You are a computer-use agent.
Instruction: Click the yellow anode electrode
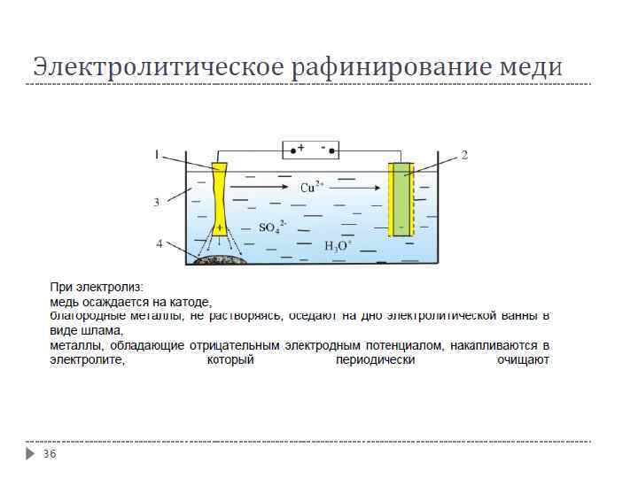[x=220, y=199]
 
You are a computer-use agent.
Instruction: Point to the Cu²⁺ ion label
[x=312, y=188]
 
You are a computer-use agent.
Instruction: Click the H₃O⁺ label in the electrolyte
[x=338, y=246]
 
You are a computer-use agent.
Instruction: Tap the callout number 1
[x=157, y=155]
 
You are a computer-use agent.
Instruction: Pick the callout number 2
[x=463, y=155]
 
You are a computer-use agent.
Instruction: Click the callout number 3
[x=157, y=202]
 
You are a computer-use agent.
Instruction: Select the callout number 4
[x=159, y=243]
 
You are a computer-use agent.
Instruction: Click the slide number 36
[x=50, y=454]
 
